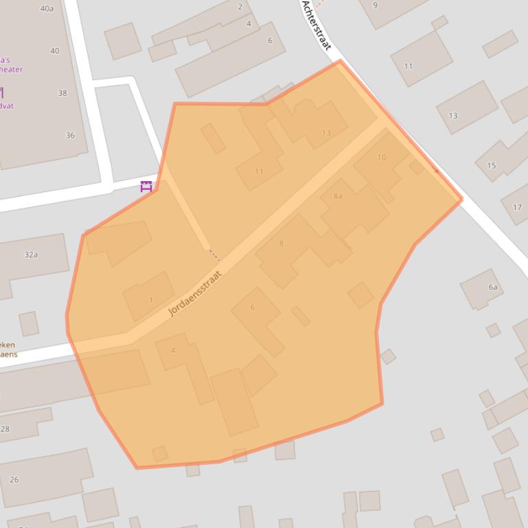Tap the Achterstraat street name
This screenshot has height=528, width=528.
pyautogui.click(x=317, y=25)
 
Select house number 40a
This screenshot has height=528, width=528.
pyautogui.click(x=47, y=9)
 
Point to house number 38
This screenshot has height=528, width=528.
pyautogui.click(x=62, y=93)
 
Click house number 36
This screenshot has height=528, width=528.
pyautogui.click(x=70, y=136)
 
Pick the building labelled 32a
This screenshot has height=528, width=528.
pyautogui.click(x=31, y=255)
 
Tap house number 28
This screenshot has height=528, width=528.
pyautogui.click(x=5, y=429)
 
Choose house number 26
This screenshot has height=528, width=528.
pyautogui.click(x=14, y=479)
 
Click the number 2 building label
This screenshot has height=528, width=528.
pyautogui.click(x=240, y=7)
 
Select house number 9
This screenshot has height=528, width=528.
pyautogui.click(x=375, y=5)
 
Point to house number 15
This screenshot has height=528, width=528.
pyautogui.click(x=491, y=165)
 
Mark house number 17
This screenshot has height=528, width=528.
pyautogui.click(x=517, y=207)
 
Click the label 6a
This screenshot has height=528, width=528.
pyautogui.click(x=493, y=287)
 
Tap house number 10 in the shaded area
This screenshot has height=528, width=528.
pyautogui.click(x=382, y=158)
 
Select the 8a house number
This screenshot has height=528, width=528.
pyautogui.click(x=338, y=196)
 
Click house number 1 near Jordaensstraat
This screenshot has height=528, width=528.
pyautogui.click(x=151, y=300)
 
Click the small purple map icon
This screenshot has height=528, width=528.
pyautogui.click(x=146, y=186)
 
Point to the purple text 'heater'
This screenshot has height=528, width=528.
pyautogui.click(x=11, y=69)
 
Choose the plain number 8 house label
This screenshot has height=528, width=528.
pyautogui.click(x=281, y=243)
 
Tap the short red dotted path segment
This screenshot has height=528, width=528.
pyautogui.click(x=214, y=255)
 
